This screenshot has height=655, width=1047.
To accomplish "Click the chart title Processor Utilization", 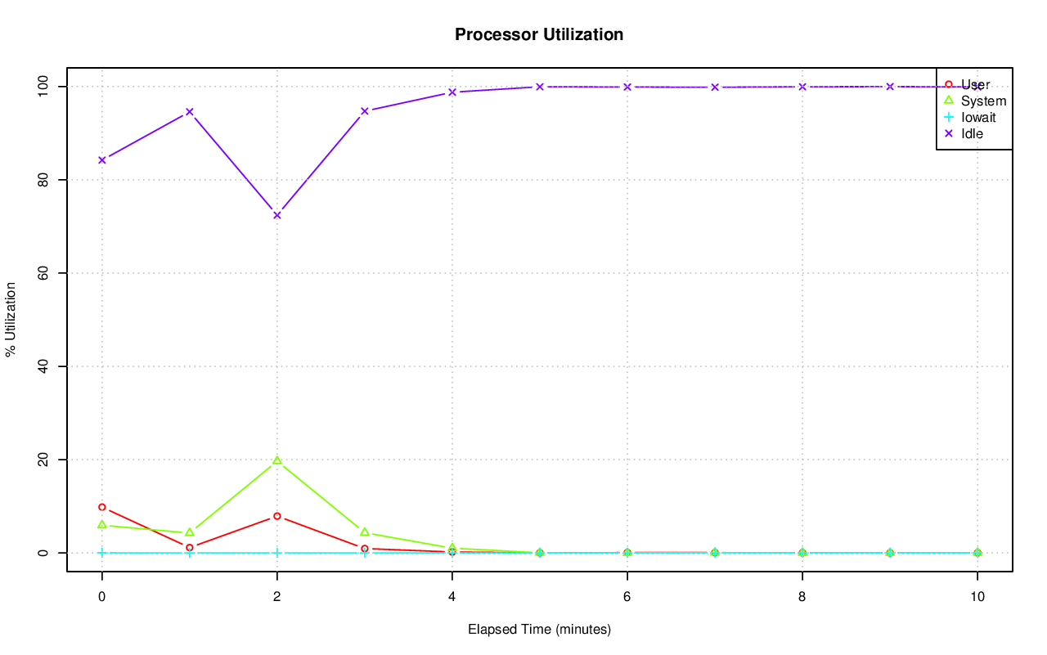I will pyautogui.click(x=539, y=34).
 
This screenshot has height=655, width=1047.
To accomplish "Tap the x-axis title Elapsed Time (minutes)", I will pyautogui.click(x=539, y=630).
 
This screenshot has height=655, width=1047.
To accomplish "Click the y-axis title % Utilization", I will pyautogui.click(x=11, y=319).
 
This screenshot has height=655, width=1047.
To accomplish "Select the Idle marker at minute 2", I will pyautogui.click(x=277, y=215).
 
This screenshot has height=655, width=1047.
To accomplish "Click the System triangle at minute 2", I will pyautogui.click(x=277, y=460).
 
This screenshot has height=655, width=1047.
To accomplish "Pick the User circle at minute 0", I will pyautogui.click(x=102, y=507).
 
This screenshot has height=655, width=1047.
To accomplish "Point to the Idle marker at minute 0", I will pyautogui.click(x=102, y=160).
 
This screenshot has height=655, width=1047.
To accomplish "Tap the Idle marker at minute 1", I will pyautogui.click(x=190, y=111).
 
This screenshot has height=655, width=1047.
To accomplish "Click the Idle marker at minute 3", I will pyautogui.click(x=365, y=111).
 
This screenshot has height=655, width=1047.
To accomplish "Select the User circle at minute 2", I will pyautogui.click(x=277, y=516).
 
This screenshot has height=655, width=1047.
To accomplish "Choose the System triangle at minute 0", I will pyautogui.click(x=102, y=525).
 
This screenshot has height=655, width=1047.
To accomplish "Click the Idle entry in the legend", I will pyautogui.click(x=972, y=133).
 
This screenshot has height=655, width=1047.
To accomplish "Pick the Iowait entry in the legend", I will pyautogui.click(x=977, y=117).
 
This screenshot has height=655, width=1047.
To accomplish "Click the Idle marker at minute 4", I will pyautogui.click(x=452, y=92).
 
